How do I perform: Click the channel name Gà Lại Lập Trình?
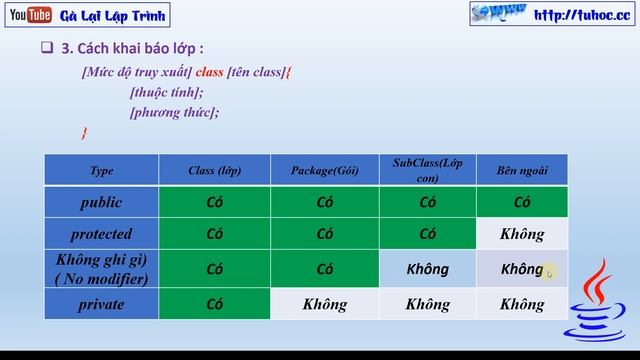click(112, 15)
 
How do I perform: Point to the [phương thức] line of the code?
click(174, 112)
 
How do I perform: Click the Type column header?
click(101, 170)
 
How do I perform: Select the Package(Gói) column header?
click(324, 170)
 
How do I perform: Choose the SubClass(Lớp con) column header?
click(428, 169)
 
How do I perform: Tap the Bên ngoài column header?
click(522, 170)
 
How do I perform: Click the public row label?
click(101, 202)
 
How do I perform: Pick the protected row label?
click(101, 234)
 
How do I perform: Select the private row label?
click(101, 304)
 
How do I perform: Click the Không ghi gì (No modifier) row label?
click(101, 269)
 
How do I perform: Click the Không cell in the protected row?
click(522, 234)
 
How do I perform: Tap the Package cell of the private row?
click(324, 304)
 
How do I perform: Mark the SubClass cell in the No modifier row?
click(428, 269)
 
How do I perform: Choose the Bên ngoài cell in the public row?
click(522, 202)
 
